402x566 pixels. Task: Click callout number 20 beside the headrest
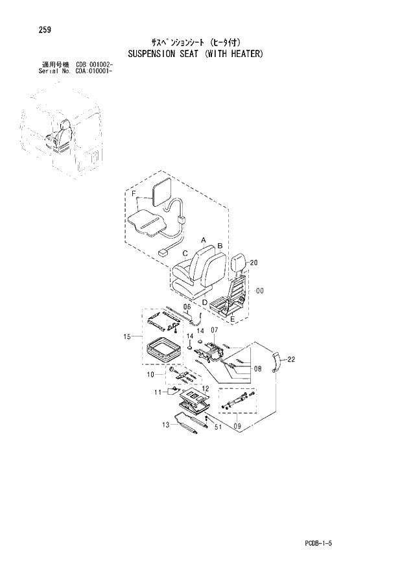tap(253, 263)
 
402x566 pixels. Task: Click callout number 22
tap(291, 359)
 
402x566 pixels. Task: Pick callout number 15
tap(127, 336)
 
